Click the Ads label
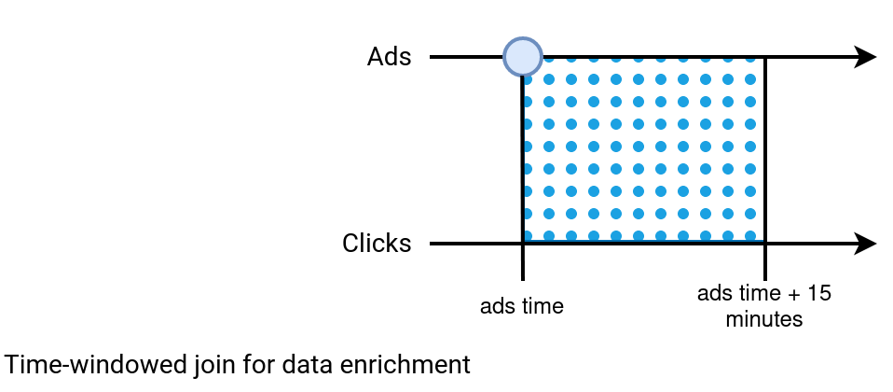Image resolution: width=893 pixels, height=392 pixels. (x=389, y=57)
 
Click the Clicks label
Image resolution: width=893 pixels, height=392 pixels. (x=377, y=244)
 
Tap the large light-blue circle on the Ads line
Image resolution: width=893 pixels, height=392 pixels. (x=523, y=57)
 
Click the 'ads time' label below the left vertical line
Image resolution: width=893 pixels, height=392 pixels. (x=522, y=306)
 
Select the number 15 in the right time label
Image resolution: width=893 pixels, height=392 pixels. (x=819, y=294)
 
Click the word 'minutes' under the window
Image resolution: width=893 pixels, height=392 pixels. (x=763, y=319)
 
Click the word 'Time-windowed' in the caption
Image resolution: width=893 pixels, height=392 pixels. (x=94, y=365)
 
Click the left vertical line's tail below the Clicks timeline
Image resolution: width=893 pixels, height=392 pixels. (x=523, y=262)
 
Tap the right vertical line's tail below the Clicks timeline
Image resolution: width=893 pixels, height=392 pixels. (x=765, y=262)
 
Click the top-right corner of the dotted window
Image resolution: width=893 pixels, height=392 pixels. (x=765, y=57)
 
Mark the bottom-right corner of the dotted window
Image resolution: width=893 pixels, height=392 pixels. (x=765, y=244)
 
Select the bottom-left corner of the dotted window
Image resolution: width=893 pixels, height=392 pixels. (x=523, y=244)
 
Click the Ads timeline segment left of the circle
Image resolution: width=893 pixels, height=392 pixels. (x=466, y=57)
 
